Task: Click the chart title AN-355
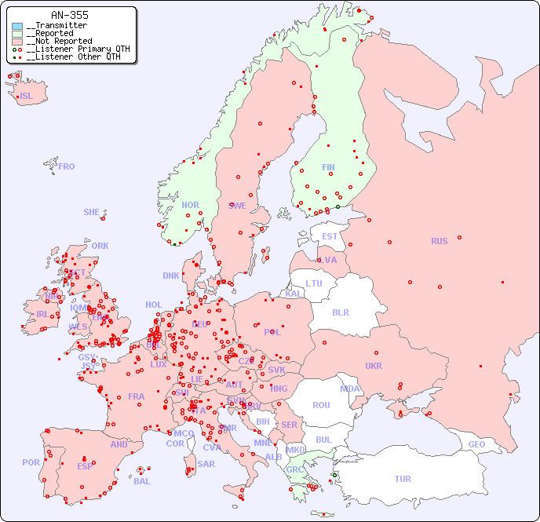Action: [69, 15]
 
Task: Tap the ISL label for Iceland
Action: [27, 97]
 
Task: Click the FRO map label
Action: [67, 166]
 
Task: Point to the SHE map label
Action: [92, 212]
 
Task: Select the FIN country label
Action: [328, 167]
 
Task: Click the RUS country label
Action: [439, 241]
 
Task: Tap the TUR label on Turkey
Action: [403, 479]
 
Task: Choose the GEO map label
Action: [476, 444]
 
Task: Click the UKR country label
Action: [374, 366]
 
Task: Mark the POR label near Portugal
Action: [31, 462]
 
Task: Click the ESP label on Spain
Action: [85, 465]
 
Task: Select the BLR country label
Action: [340, 312]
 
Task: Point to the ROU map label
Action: [321, 405]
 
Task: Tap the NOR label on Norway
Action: [190, 205]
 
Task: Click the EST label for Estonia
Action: [330, 236]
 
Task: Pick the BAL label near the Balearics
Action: [142, 481]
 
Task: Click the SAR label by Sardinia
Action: [206, 463]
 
